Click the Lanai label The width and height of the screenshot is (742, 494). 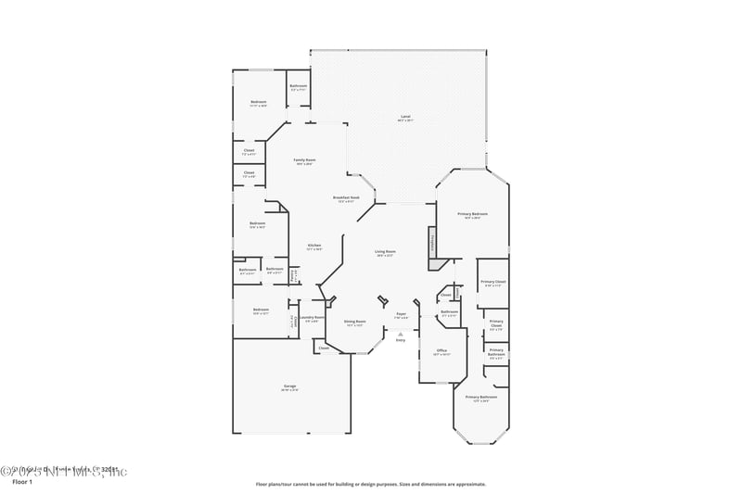point(405,116)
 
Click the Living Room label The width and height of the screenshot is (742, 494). point(385,252)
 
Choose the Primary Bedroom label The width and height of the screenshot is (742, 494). point(472,214)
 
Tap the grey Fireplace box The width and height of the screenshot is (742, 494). point(432,245)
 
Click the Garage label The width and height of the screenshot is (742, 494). point(290,386)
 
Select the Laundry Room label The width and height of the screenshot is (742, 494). point(313,318)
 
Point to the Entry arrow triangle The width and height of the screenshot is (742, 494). point(401,334)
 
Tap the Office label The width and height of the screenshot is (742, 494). point(441,350)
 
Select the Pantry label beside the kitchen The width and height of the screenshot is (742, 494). point(293,274)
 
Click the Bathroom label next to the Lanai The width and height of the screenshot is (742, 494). point(299,86)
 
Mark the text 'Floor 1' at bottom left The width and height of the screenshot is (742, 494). point(21,483)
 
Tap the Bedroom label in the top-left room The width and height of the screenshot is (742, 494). point(259,102)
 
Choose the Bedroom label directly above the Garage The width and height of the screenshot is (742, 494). point(261,310)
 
